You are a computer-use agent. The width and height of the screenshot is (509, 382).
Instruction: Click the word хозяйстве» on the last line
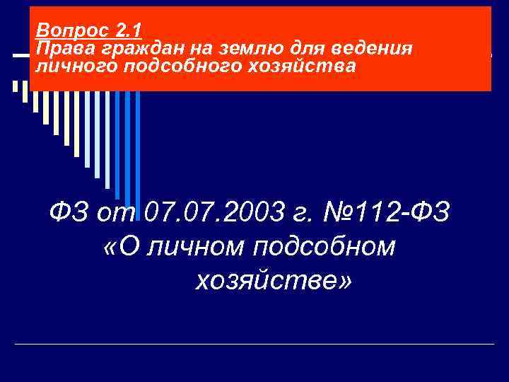[272, 282]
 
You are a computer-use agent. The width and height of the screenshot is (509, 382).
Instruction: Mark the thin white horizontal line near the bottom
[255, 344]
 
